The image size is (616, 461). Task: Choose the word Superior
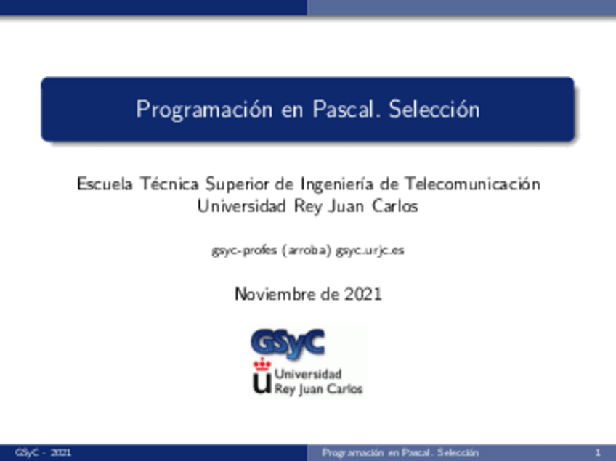(x=239, y=184)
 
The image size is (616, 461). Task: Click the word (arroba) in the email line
(x=307, y=250)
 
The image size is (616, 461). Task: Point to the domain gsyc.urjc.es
(x=370, y=250)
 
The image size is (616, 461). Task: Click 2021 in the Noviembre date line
(x=362, y=294)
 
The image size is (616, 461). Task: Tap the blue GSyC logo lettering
(x=286, y=341)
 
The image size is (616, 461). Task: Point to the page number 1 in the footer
(x=597, y=453)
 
